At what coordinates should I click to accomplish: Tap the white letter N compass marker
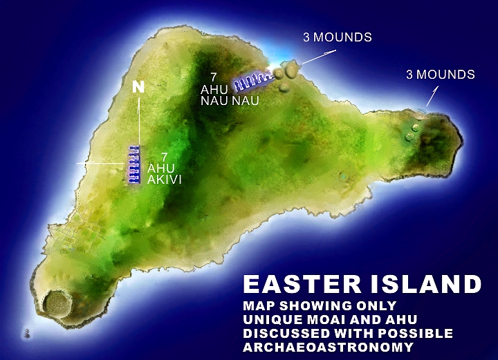point(138,88)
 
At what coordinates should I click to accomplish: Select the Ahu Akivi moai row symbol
point(133,164)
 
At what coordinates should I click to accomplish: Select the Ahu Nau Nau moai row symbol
point(250,82)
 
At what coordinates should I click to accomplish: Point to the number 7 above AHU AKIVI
point(164,156)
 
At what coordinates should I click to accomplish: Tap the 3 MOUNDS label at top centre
point(337,37)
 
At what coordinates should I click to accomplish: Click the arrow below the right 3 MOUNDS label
point(433,96)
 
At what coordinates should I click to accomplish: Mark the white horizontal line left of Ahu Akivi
point(104,163)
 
